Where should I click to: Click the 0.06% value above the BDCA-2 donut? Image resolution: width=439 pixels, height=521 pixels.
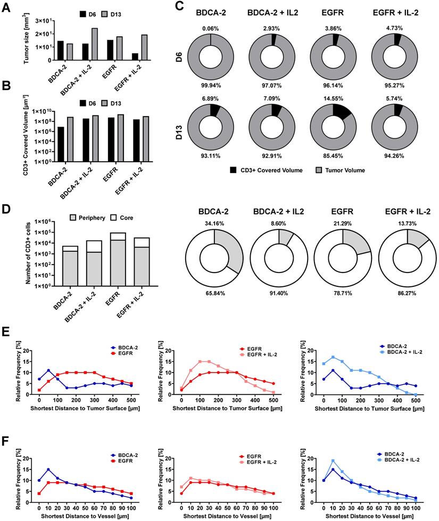coord(211,27)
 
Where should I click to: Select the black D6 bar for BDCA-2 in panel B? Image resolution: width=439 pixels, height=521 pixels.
coord(62,144)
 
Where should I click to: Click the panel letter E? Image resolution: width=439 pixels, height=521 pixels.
coord(6,328)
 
